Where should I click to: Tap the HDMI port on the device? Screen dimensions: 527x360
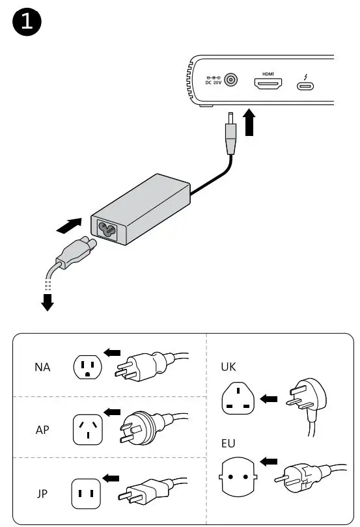(268, 85)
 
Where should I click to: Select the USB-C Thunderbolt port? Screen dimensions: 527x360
(305, 85)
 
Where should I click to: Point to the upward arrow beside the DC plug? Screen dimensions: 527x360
(250, 122)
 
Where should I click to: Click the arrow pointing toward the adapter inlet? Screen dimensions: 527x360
(69, 226)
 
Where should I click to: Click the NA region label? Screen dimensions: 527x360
(42, 368)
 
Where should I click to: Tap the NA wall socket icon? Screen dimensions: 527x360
(88, 368)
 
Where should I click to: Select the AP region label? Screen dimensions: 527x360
(42, 430)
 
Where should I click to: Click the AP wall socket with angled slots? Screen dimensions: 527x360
(88, 429)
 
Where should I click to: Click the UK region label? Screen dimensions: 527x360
(228, 367)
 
